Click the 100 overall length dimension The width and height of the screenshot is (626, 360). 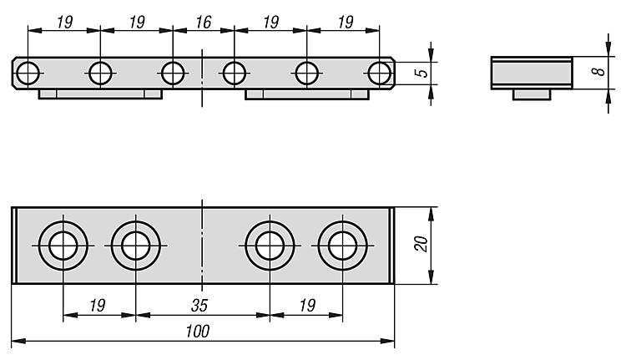tap(198, 332)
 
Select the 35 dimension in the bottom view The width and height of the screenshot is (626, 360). tap(200, 306)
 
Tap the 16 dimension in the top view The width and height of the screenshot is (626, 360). tap(203, 23)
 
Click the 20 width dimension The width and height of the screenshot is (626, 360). tap(421, 244)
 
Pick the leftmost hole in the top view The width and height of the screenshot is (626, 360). tap(28, 73)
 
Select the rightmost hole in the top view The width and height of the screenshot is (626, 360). tap(381, 73)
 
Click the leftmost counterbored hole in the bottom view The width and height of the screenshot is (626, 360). tap(63, 246)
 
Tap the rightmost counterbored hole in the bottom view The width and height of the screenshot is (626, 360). tap(341, 246)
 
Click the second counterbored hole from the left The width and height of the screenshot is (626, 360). tap(134, 246)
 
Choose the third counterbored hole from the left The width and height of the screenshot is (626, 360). tap(269, 246)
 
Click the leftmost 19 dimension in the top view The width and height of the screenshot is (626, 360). tap(63, 23)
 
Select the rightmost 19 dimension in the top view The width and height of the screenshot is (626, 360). tap(343, 23)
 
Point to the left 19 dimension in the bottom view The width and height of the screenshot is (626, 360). tap(98, 306)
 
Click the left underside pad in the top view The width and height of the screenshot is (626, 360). tap(100, 94)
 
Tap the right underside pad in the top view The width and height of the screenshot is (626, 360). tap(306, 94)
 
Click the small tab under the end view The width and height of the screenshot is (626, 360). tap(530, 94)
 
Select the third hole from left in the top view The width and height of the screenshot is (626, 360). tap(173, 73)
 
